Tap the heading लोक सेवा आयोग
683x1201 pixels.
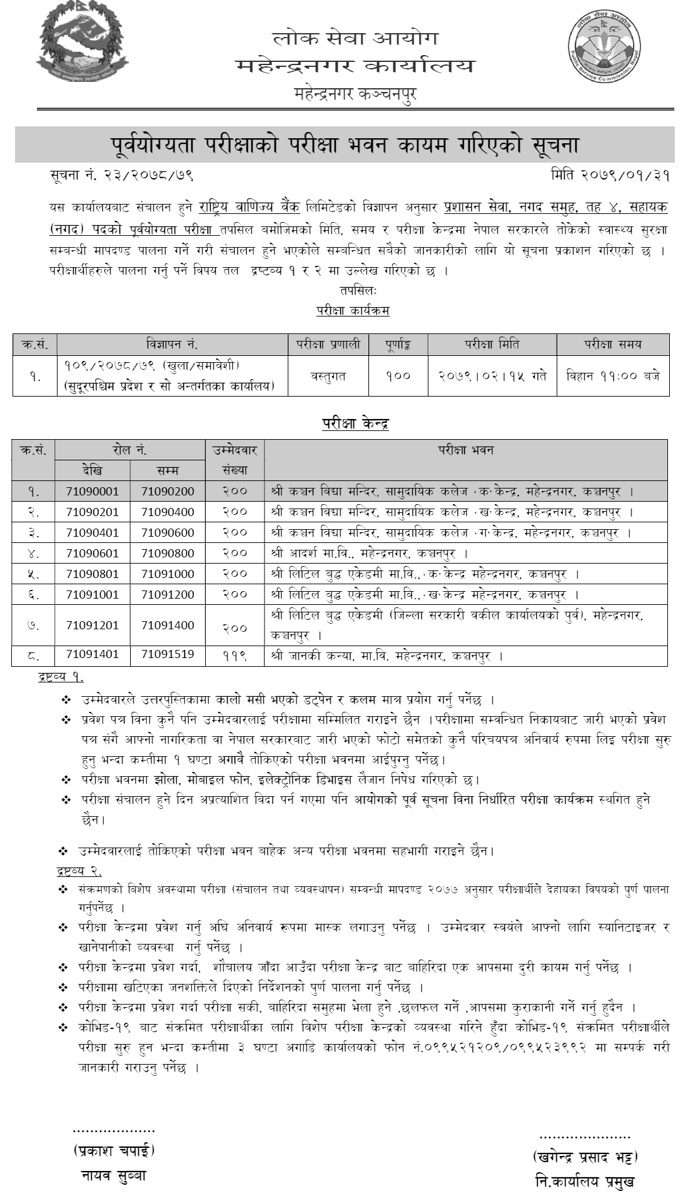[355, 38]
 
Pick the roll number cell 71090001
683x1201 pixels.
[92, 492]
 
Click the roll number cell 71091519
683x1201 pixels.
[168, 654]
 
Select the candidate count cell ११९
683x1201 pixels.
[235, 655]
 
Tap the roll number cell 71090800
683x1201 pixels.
[168, 553]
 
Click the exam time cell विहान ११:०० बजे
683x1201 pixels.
[612, 376]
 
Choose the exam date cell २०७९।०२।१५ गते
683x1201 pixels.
[492, 376]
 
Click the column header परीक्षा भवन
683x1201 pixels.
[466, 450]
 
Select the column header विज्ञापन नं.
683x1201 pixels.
[171, 344]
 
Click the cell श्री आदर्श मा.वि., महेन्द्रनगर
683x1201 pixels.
[369, 553]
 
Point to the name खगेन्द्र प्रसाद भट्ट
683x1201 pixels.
[585, 1155]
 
